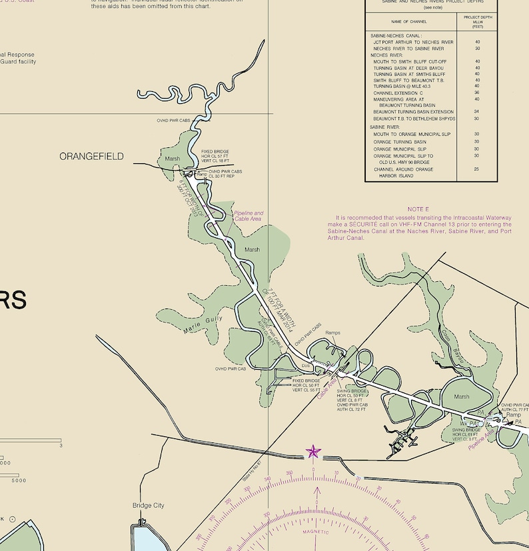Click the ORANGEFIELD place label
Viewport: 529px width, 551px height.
pyautogui.click(x=91, y=157)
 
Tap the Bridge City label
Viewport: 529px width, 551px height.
pyautogui.click(x=148, y=506)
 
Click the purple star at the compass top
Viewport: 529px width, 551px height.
pyautogui.click(x=313, y=452)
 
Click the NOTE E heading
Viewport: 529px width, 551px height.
pyautogui.click(x=418, y=209)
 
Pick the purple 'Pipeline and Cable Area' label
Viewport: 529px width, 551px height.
pyautogui.click(x=248, y=216)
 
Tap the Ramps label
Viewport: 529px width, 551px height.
pyautogui.click(x=332, y=332)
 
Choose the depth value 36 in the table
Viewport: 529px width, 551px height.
pyautogui.click(x=477, y=93)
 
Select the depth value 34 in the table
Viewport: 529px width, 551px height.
pyautogui.click(x=477, y=112)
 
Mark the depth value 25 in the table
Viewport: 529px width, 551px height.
pyautogui.click(x=477, y=169)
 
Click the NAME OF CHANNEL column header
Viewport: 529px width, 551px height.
pyautogui.click(x=409, y=21)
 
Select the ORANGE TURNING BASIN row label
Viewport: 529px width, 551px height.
pyautogui.click(x=400, y=142)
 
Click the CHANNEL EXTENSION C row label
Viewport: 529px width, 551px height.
pyautogui.click(x=398, y=93)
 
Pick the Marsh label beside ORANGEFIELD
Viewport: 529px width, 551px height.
pyautogui.click(x=172, y=159)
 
